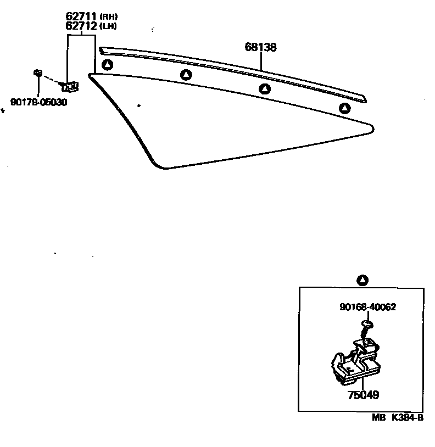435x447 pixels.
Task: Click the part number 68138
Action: coord(260,48)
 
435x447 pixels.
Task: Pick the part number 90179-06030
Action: coord(38,102)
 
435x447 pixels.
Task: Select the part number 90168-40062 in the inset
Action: coord(367,307)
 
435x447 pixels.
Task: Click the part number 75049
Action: coord(362,394)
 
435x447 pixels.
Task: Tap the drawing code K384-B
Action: coord(406,417)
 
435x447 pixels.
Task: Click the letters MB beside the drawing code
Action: coord(378,417)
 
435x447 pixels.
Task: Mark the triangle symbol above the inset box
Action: coord(362,281)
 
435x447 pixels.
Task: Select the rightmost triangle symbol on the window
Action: coord(344,108)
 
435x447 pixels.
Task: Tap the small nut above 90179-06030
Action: coord(38,72)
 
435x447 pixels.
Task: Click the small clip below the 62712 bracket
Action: coord(70,86)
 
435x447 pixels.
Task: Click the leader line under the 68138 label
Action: coord(261,62)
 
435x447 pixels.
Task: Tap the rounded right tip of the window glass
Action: coord(372,129)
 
